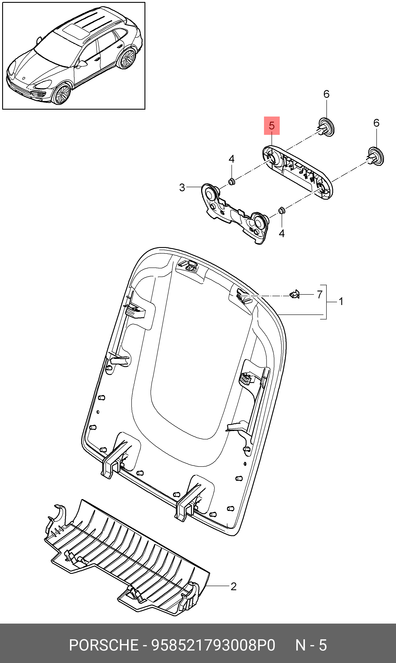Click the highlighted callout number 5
click(x=272, y=125)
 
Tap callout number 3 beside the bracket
click(x=182, y=188)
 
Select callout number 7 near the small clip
click(x=320, y=295)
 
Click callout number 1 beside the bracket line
click(x=341, y=302)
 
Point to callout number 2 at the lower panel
click(x=233, y=587)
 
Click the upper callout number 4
click(x=231, y=159)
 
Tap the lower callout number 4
click(x=281, y=233)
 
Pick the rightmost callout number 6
click(x=376, y=123)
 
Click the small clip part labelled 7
click(x=295, y=295)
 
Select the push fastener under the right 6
click(x=376, y=156)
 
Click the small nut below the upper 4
click(x=231, y=182)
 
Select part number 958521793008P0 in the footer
click(x=213, y=645)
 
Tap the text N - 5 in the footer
click(x=311, y=645)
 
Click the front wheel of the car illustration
click(x=62, y=94)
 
